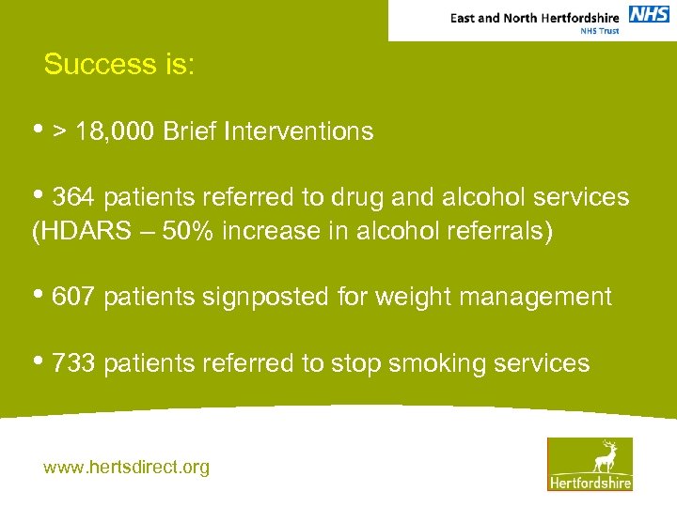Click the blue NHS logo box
point(649,14)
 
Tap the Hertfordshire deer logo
point(590,464)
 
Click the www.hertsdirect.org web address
point(126,467)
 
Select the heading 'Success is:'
point(118,65)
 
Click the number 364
point(74,197)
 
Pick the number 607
point(74,298)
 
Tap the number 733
point(74,363)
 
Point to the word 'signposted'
point(256,298)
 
